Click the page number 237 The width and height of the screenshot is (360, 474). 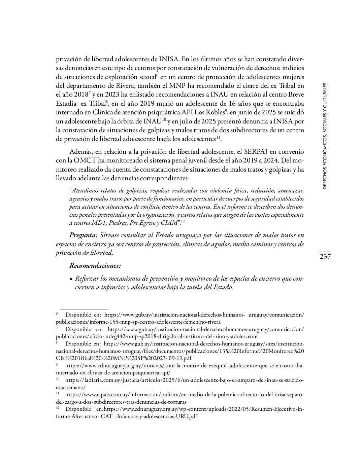pos(325,257)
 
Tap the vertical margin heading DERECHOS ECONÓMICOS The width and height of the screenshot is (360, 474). pos(325,136)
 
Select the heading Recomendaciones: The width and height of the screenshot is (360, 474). pos(95,265)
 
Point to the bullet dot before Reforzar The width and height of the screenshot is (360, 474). pos(71,279)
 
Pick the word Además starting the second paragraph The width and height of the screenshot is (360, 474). pos(81,152)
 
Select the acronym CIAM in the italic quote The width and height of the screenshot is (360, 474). pos(169,223)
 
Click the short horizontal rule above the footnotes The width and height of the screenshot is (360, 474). pos(84,308)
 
